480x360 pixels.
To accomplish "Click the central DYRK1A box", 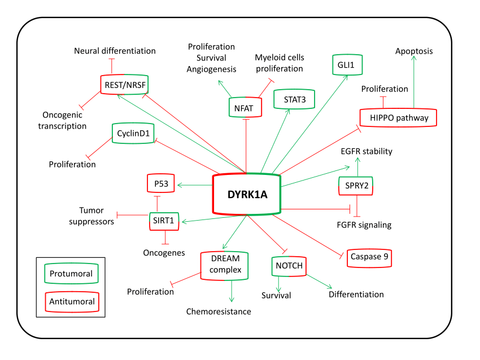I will click(246, 194).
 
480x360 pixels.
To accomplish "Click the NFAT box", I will click(246, 106).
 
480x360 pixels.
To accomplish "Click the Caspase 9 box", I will click(369, 257).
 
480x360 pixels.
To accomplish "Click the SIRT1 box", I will click(164, 220).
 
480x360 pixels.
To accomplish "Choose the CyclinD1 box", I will click(134, 133).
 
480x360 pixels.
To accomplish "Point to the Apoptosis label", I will click(414, 51).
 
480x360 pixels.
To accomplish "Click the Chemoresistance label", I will click(219, 311).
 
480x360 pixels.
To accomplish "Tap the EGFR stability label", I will click(366, 151).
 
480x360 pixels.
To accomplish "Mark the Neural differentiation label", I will click(115, 51).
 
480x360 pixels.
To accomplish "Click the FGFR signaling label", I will click(363, 225).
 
